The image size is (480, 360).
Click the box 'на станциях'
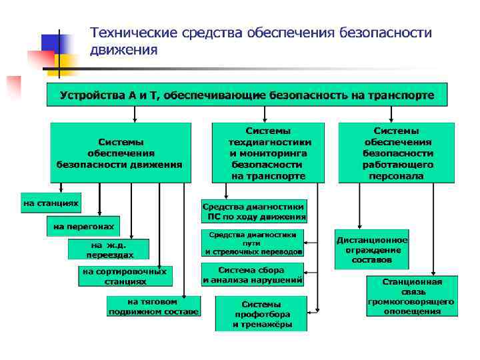(51, 202)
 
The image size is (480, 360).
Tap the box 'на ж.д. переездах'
(108, 249)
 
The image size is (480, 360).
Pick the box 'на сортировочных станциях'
(125, 276)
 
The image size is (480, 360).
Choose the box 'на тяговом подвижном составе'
(153, 306)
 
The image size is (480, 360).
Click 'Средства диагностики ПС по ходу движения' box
(254, 211)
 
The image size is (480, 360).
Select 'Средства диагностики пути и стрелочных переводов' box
(253, 243)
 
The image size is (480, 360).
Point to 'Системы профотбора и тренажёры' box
(261, 313)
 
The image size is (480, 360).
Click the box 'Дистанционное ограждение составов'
(372, 249)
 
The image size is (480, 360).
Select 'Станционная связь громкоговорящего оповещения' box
(411, 296)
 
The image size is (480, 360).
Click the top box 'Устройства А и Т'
(247, 95)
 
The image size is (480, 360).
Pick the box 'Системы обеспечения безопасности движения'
(120, 153)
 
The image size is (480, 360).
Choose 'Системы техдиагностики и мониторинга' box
(269, 153)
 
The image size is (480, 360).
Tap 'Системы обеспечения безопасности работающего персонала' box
(397, 153)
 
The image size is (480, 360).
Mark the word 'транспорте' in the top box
(400, 95)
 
